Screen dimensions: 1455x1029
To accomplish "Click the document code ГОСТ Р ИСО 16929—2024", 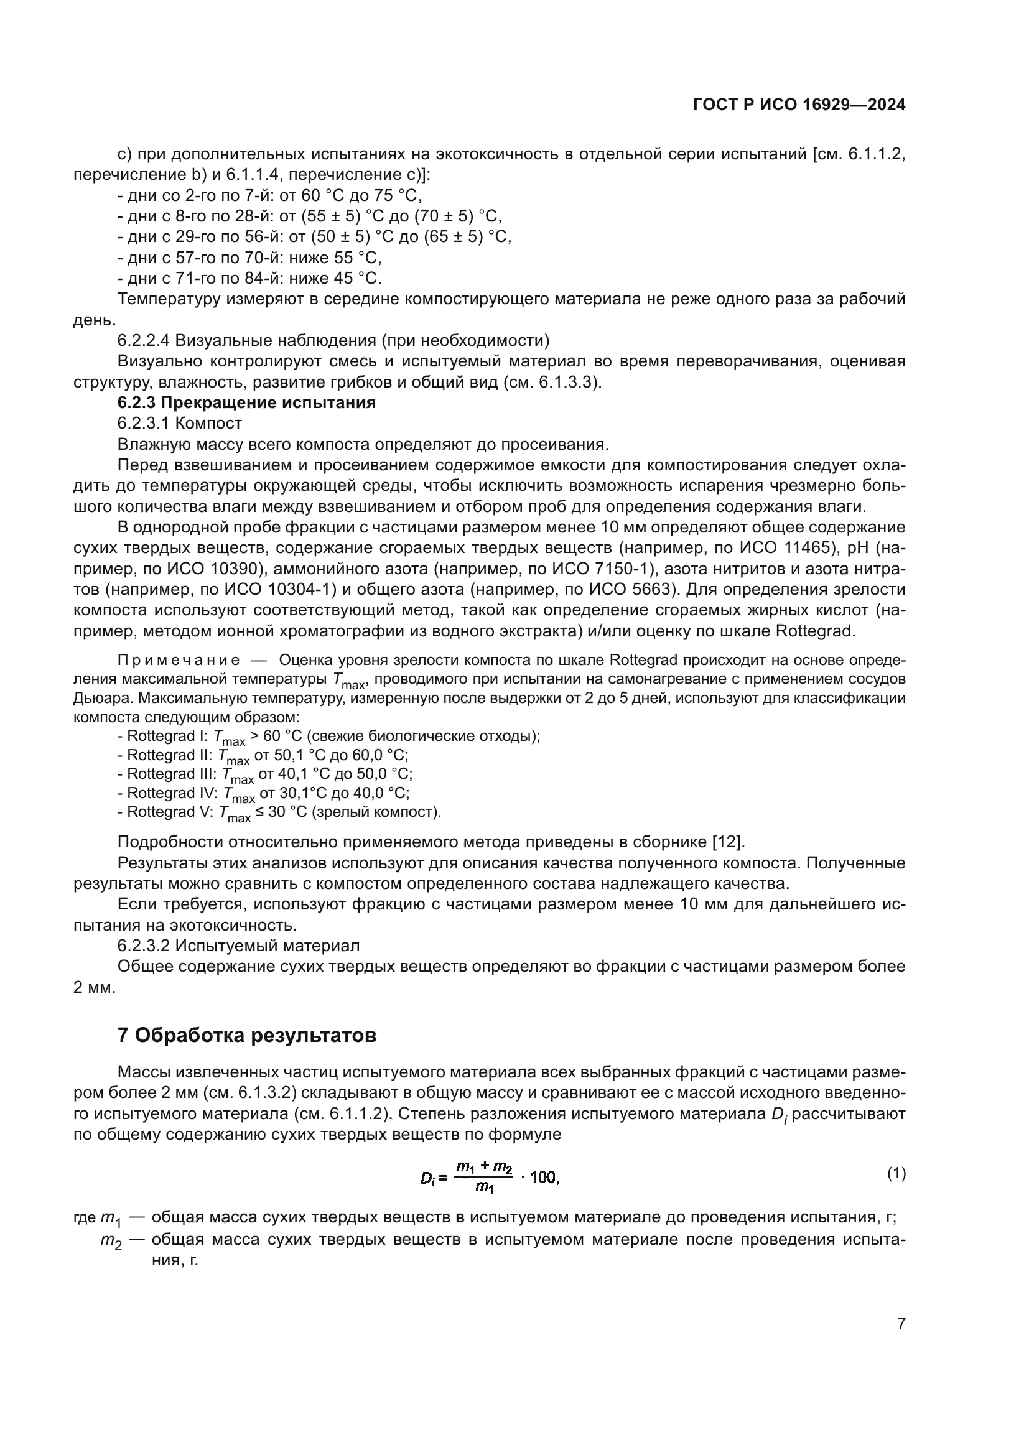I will tap(799, 105).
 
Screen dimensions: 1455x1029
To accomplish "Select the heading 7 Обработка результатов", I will tap(247, 1035).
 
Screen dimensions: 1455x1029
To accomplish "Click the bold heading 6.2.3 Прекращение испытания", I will tap(246, 402).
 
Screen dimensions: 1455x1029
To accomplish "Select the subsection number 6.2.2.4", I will tap(143, 340).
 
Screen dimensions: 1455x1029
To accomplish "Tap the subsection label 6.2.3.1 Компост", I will tap(179, 422).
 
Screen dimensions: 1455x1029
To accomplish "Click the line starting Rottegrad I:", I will tap(328, 737).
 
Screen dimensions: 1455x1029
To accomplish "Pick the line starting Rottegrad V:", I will tap(279, 812).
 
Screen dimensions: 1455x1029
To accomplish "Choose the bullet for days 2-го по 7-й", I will tap(269, 195).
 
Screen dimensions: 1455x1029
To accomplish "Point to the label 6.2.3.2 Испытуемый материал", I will tap(238, 946).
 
